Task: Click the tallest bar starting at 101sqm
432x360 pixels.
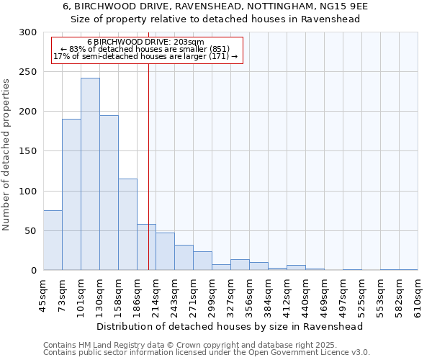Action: click(x=90, y=174)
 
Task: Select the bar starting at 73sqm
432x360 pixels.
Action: click(x=71, y=194)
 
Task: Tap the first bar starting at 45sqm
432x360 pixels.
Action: click(x=53, y=240)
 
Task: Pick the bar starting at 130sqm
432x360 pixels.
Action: click(x=109, y=193)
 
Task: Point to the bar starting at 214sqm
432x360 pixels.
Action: click(x=165, y=251)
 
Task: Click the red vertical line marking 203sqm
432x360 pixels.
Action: click(x=148, y=144)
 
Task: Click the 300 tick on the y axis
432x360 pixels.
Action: click(x=28, y=32)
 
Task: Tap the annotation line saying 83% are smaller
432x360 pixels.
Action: click(x=145, y=49)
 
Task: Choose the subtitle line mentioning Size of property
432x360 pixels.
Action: click(x=215, y=19)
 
